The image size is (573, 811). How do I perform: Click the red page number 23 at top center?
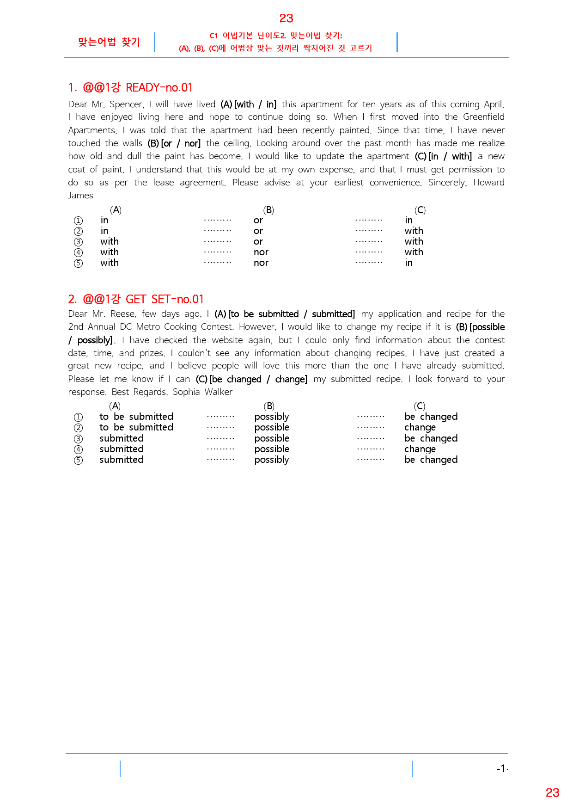[286, 18]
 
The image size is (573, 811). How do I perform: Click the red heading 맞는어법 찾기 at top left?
[109, 42]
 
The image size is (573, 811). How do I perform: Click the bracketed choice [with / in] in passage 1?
[255, 104]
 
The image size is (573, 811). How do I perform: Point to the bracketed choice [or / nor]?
[181, 143]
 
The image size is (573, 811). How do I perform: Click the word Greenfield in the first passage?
[483, 117]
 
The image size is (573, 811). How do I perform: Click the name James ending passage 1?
[81, 196]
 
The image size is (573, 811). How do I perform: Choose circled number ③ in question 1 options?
[79, 242]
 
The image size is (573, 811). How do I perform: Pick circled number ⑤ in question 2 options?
[79, 460]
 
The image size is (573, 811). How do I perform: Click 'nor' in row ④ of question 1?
[261, 252]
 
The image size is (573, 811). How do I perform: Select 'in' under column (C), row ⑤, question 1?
[409, 263]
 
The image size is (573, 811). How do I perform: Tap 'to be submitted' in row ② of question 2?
[136, 428]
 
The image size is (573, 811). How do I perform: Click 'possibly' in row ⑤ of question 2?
[272, 460]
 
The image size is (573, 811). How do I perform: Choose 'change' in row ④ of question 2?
[420, 449]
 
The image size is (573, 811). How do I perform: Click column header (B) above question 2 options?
[269, 406]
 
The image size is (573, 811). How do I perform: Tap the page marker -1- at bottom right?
[502, 768]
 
